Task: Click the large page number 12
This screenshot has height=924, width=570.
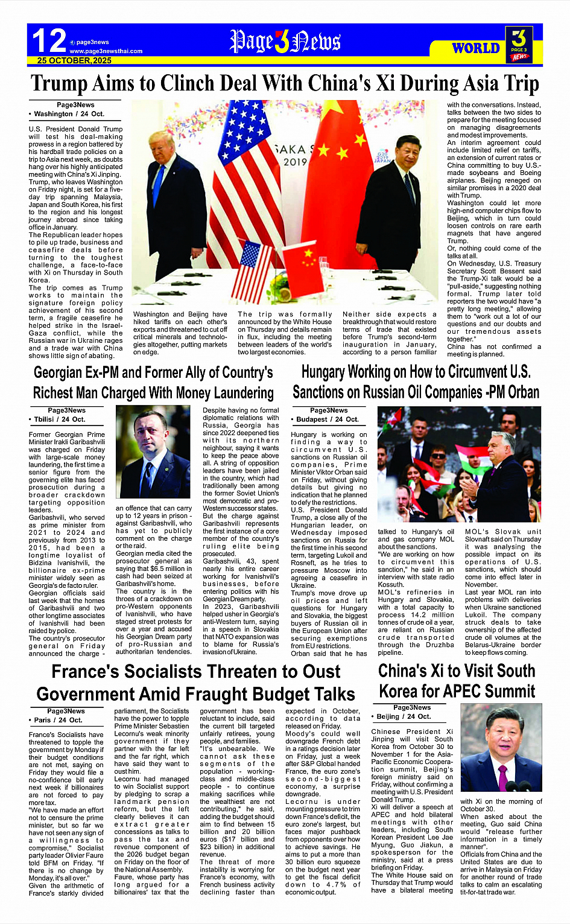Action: [49, 41]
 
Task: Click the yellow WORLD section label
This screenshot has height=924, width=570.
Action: [476, 48]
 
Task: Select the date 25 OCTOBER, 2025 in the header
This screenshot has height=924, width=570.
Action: [74, 60]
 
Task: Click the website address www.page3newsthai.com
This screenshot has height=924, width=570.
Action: [106, 51]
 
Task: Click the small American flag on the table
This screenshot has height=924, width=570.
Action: [252, 269]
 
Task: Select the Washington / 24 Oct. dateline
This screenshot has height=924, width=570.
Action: [68, 113]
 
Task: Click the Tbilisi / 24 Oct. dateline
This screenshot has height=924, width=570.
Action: [59, 419]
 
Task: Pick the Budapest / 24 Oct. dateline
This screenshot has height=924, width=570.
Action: [326, 419]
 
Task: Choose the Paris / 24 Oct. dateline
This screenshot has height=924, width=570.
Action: [58, 720]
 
